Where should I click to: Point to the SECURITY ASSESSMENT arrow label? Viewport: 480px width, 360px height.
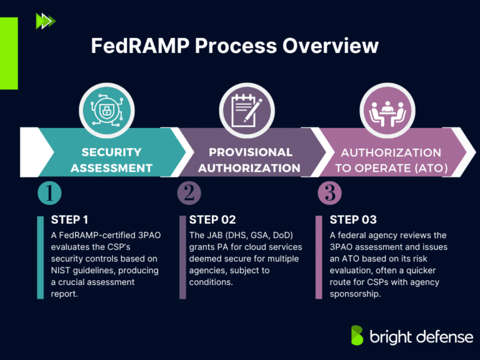click(x=111, y=160)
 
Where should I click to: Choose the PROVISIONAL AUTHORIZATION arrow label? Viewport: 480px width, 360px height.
click(x=250, y=160)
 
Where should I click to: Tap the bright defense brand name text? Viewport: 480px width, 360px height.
click(x=420, y=337)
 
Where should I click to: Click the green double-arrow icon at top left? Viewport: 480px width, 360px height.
click(x=46, y=21)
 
